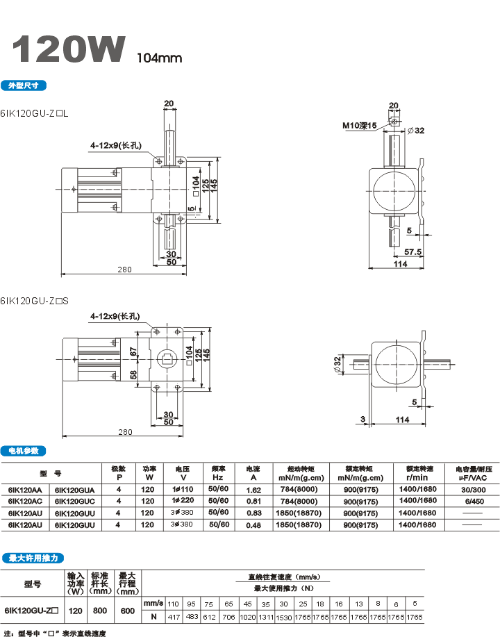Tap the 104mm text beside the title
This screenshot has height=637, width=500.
[159, 58]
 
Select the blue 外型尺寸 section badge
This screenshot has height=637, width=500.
[24, 85]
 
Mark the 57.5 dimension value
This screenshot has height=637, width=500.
[413, 251]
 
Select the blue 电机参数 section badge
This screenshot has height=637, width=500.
[24, 451]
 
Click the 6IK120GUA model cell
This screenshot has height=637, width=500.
[74, 490]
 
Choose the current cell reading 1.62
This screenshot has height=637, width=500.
[253, 490]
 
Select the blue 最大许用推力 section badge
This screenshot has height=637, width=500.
[33, 558]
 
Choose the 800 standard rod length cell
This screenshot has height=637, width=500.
[101, 611]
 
